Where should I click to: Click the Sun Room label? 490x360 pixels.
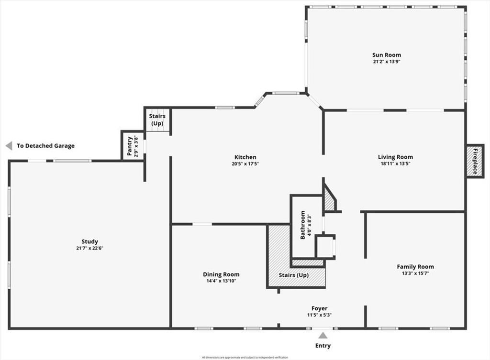click(387, 55)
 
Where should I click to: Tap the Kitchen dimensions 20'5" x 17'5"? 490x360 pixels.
click(245, 164)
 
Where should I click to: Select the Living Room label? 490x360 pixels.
click(395, 157)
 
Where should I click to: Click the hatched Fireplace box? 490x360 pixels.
click(475, 161)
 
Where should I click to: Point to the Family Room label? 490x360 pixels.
click(415, 267)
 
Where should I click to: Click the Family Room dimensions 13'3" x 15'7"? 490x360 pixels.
click(415, 274)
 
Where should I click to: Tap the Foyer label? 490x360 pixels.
click(319, 308)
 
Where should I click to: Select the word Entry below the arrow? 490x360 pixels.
click(323, 346)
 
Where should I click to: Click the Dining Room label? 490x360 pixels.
click(221, 274)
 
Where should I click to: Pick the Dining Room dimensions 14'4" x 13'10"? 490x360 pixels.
click(221, 281)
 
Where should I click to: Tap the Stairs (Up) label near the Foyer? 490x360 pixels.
click(293, 275)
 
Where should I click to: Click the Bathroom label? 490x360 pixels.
click(303, 225)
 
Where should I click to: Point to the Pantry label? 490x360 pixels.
click(130, 147)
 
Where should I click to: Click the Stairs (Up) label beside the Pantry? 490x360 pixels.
click(157, 120)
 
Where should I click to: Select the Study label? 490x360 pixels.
click(89, 241)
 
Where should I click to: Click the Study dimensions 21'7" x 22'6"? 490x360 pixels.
click(89, 248)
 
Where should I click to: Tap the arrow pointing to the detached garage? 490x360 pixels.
click(9, 146)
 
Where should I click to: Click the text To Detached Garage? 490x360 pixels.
click(45, 146)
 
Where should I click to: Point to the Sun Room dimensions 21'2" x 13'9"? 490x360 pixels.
click(387, 62)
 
